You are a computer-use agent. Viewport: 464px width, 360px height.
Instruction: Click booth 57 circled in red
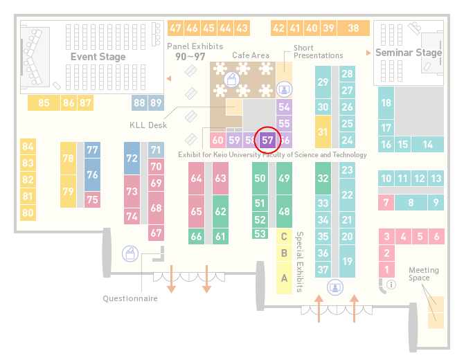coord(267,141)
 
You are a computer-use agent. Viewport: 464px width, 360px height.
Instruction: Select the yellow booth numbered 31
coord(323,132)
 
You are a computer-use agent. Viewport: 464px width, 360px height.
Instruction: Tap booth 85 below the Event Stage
coord(44,102)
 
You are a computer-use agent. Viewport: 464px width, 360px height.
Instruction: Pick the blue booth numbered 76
coord(92,175)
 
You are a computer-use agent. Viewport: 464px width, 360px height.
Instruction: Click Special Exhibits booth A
coord(284,278)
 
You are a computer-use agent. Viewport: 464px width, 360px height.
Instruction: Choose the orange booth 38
coord(354,28)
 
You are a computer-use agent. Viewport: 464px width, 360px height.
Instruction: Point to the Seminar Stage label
coord(409,53)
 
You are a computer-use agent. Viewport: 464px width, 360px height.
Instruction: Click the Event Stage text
coord(98,57)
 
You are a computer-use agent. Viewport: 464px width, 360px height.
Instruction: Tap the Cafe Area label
coord(251,55)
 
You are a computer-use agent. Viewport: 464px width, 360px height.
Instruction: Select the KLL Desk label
coord(148,125)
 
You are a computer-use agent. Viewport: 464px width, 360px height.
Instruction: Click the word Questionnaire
coord(130,298)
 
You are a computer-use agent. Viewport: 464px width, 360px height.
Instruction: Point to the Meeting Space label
coord(423,274)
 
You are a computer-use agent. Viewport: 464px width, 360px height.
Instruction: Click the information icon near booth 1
coord(391,285)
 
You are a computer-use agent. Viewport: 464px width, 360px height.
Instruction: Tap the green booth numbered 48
coord(284,211)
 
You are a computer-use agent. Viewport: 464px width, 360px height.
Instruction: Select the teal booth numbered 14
coord(427,145)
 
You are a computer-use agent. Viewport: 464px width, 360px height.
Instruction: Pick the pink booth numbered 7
coord(386,203)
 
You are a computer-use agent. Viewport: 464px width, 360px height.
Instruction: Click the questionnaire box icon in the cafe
coord(231,80)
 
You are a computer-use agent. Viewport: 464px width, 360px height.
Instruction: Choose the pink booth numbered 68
coord(156,208)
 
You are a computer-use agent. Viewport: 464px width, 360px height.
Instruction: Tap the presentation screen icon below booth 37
coord(335,287)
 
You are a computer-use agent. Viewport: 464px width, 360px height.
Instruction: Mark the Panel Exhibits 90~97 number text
coord(190,57)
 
